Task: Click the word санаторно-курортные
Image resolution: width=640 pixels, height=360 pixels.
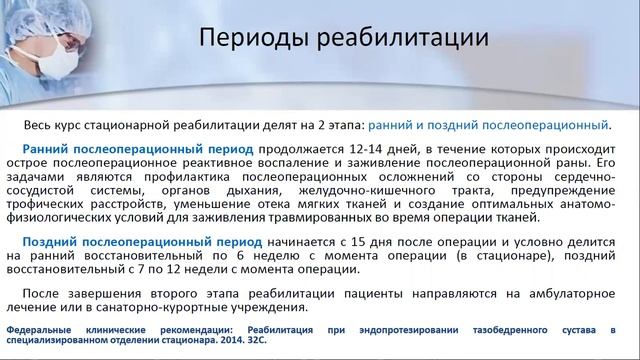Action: (x=187, y=305)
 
